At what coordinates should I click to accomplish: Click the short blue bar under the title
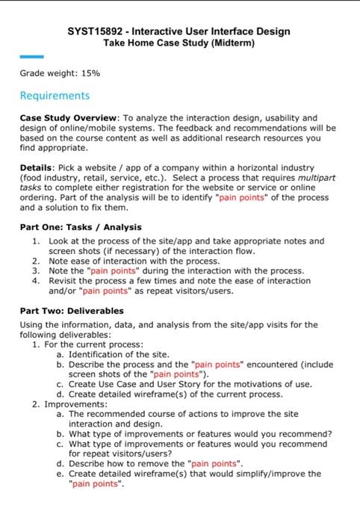(x=31, y=57)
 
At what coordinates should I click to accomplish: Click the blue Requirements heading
(x=55, y=96)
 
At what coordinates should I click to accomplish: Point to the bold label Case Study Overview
(x=68, y=118)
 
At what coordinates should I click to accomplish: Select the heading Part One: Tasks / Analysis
(x=81, y=226)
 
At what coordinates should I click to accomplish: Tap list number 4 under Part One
(x=36, y=280)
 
